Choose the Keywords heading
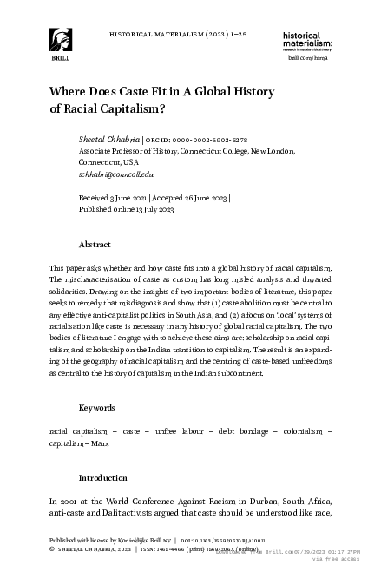click(97, 407)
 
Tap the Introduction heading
click(103, 478)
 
